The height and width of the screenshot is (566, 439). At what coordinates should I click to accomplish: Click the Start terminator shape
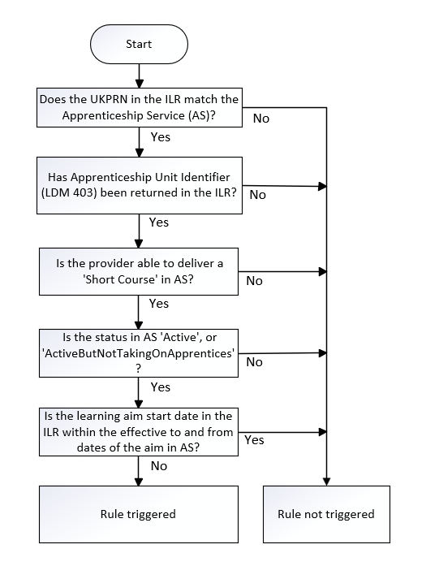(139, 44)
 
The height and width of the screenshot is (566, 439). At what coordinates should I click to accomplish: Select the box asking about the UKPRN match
(140, 107)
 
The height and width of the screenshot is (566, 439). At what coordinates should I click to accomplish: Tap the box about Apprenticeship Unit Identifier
(140, 185)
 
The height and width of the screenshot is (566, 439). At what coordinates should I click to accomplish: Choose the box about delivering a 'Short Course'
(139, 271)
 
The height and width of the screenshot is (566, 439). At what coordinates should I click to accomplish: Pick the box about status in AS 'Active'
(139, 353)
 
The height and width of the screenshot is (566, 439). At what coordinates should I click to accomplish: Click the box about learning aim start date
(139, 432)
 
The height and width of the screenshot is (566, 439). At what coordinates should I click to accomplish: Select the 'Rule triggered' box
(139, 514)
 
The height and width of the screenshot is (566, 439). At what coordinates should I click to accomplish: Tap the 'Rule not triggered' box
(326, 514)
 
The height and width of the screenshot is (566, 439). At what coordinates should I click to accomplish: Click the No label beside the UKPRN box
(261, 119)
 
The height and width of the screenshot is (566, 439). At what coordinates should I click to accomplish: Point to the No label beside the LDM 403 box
(257, 195)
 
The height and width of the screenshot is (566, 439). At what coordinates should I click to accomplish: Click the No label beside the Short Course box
(254, 281)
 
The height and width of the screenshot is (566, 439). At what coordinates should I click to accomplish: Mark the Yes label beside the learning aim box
(254, 440)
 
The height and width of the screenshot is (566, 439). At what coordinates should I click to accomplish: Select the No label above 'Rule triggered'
(159, 466)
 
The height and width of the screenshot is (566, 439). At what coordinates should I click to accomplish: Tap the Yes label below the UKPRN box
(161, 137)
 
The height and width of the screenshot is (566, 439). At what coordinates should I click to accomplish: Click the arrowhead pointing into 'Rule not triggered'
(326, 482)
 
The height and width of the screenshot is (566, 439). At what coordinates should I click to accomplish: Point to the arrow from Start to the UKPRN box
(139, 76)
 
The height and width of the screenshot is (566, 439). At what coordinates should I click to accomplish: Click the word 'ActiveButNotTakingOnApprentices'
(139, 353)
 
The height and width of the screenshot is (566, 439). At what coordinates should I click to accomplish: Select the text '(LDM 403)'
(69, 192)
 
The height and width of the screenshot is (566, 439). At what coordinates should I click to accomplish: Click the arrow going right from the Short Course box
(282, 271)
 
